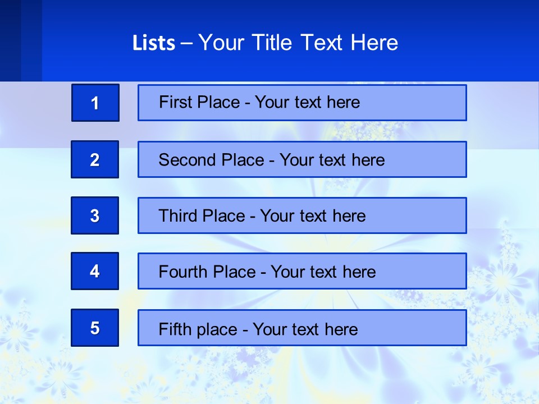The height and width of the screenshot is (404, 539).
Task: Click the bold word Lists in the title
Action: click(153, 43)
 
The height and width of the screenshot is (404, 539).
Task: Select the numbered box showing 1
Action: click(95, 103)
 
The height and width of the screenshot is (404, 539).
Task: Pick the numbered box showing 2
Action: click(95, 159)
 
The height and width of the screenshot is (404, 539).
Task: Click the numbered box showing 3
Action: click(95, 215)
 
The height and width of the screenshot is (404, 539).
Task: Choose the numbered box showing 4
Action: click(95, 271)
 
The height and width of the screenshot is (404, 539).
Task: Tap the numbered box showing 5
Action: click(95, 328)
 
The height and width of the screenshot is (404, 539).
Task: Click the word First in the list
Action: click(175, 102)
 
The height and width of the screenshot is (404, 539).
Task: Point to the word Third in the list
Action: click(178, 216)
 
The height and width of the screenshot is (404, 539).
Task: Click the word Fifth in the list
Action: click(174, 329)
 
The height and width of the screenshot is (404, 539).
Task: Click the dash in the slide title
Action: click(186, 43)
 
